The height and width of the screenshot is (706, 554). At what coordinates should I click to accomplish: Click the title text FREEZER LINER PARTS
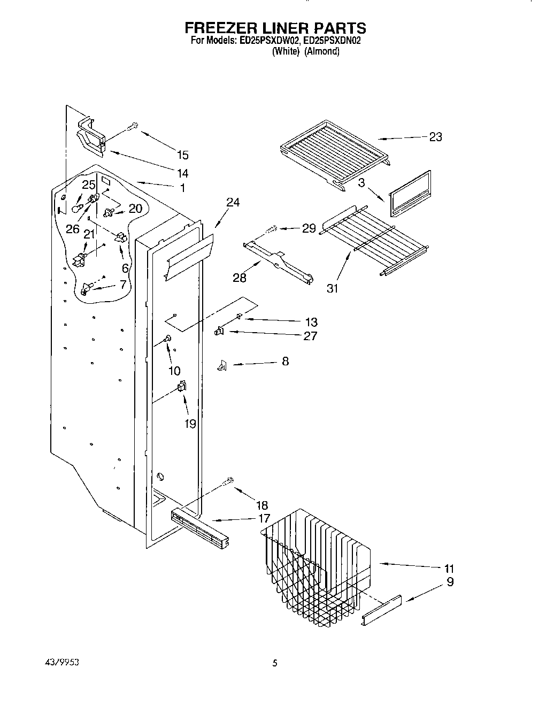[275, 27]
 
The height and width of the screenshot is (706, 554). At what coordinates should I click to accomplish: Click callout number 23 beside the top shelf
[436, 137]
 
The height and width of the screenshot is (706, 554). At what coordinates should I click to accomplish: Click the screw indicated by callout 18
[228, 482]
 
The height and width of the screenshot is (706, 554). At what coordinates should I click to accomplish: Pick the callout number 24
[233, 202]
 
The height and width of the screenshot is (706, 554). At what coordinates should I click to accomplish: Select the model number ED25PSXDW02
[268, 40]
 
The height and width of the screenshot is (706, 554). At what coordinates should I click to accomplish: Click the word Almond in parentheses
[322, 51]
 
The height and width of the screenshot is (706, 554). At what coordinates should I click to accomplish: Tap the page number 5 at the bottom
[275, 663]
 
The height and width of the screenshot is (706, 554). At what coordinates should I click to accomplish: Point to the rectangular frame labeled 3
[410, 194]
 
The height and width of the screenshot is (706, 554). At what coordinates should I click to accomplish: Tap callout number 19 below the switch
[190, 423]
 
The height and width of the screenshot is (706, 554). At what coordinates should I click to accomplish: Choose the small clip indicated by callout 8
[220, 365]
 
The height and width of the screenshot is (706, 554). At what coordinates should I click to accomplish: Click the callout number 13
[311, 322]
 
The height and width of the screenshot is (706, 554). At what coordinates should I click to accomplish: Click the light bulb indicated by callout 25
[76, 208]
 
